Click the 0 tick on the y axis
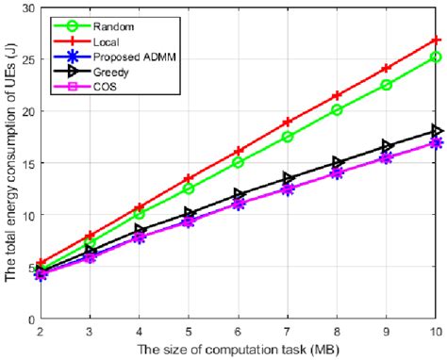click(x=31, y=318)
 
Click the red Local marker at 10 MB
click(x=436, y=41)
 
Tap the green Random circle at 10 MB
click(x=436, y=57)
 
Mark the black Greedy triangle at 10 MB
click(x=436, y=130)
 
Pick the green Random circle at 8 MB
click(x=337, y=109)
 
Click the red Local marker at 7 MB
click(x=288, y=122)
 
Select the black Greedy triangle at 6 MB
click(x=239, y=194)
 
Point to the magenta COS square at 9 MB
click(x=387, y=157)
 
